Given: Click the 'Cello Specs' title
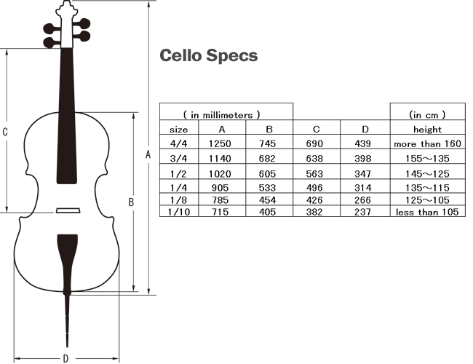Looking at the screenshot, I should [x=208, y=56].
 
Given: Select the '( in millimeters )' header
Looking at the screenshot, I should [x=222, y=114].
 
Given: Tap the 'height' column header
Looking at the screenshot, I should [x=427, y=129].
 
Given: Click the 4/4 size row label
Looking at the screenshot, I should [x=178, y=144].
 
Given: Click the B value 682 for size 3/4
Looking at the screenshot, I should [x=269, y=158].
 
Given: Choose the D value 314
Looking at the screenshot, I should [x=365, y=186].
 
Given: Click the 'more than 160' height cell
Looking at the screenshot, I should [x=427, y=144].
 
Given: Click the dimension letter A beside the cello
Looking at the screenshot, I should [x=148, y=154].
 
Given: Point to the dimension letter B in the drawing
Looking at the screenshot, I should [x=131, y=202].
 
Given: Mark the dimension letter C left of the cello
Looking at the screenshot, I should [x=5, y=132].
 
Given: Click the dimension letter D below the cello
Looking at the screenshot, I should [x=65, y=357].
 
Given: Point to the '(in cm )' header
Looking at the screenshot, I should [x=427, y=114].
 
